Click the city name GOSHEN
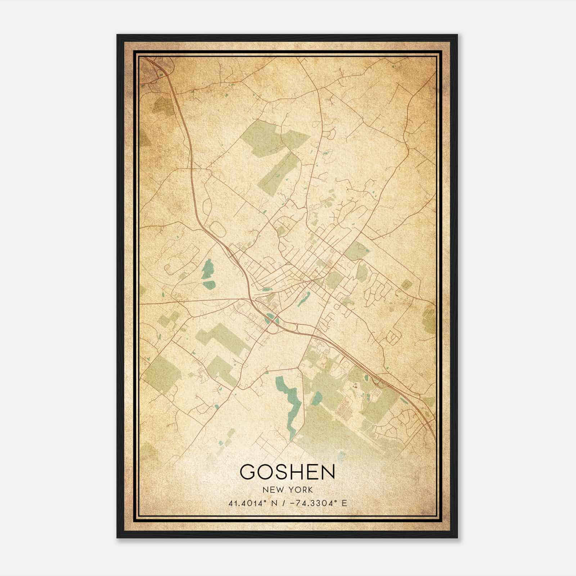(x=287, y=472)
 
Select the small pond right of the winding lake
(x=317, y=398)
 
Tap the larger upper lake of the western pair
(x=208, y=269)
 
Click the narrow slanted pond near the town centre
(x=303, y=299)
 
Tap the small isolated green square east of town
(x=406, y=284)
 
